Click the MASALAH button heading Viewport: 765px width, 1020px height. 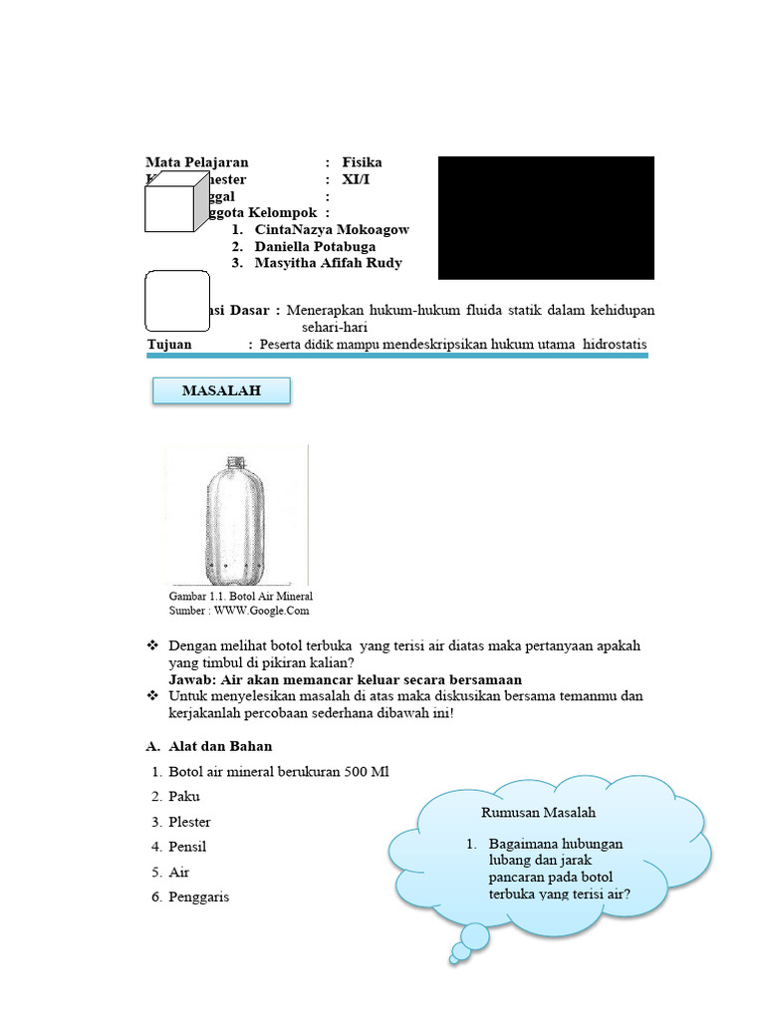221,391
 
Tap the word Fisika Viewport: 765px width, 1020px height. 362,162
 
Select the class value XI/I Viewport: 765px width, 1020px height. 357,179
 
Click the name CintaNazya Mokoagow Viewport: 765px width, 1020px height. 332,229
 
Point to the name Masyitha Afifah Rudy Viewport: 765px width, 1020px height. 329,263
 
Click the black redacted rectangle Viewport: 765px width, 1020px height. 546,217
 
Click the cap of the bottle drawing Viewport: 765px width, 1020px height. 237,461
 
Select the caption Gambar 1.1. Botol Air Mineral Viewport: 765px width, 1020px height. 241,596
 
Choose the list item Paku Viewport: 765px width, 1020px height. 183,797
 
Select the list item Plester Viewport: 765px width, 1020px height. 189,822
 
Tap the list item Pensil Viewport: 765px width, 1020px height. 187,847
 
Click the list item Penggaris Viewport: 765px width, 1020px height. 198,896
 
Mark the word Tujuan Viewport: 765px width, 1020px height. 169,345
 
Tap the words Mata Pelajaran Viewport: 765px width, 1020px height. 196,162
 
